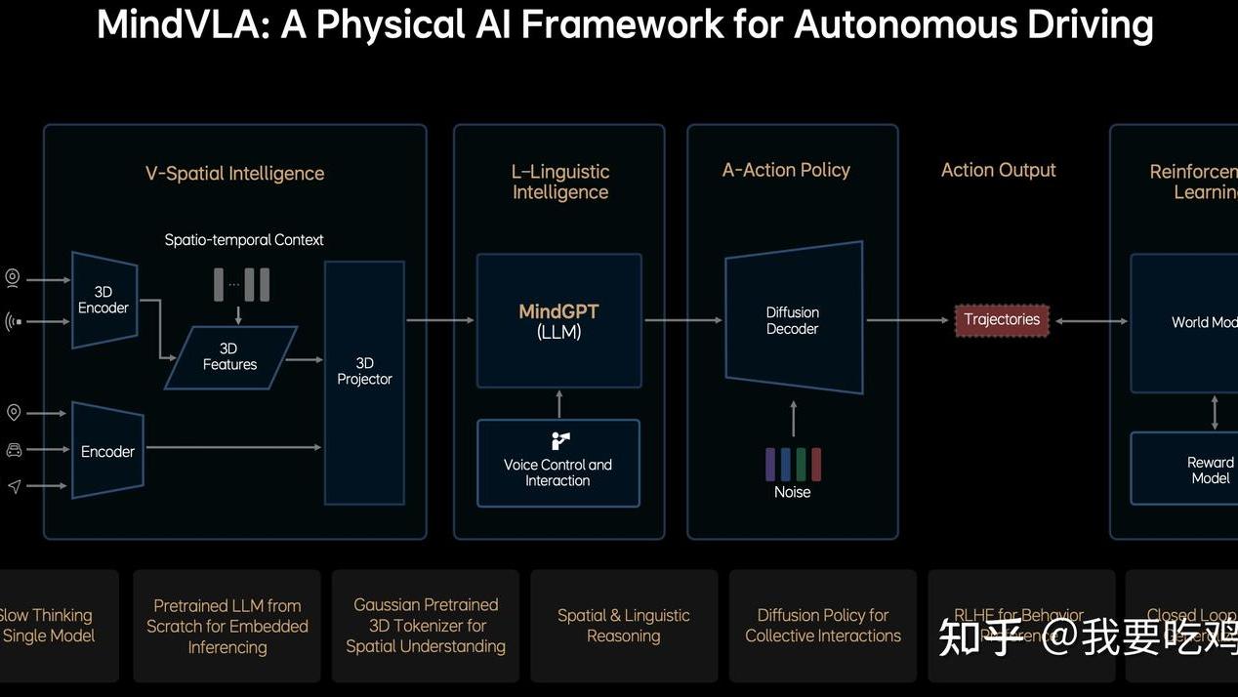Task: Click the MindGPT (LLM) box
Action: click(x=558, y=320)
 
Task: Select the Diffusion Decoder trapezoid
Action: click(x=793, y=318)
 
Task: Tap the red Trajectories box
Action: click(x=1002, y=320)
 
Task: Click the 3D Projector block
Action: click(x=364, y=382)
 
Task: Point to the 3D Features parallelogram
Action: click(x=230, y=357)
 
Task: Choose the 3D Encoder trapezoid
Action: click(x=103, y=300)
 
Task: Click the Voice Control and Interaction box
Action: click(x=557, y=464)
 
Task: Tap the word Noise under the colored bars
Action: click(x=792, y=492)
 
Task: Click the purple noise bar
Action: click(x=770, y=464)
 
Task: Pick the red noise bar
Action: click(x=816, y=464)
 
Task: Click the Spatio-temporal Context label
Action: click(x=244, y=240)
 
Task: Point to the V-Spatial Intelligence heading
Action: click(x=234, y=174)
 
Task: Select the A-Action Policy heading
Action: click(x=786, y=170)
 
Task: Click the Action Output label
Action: click(x=998, y=170)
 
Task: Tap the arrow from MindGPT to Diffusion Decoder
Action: click(x=682, y=320)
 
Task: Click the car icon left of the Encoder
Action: click(x=14, y=449)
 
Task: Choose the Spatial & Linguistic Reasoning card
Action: click(x=623, y=626)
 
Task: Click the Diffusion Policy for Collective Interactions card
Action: click(x=823, y=626)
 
